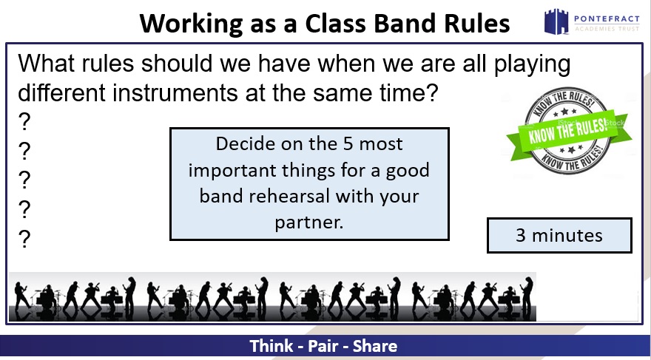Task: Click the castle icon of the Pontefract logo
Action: [x=556, y=21]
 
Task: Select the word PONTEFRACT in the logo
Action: [x=607, y=18]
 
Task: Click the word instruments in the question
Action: [x=175, y=92]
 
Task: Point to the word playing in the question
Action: [x=532, y=66]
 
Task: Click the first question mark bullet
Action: [x=24, y=122]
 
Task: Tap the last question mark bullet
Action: [x=24, y=240]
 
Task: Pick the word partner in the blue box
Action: [x=309, y=223]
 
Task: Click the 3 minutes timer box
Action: [x=559, y=235]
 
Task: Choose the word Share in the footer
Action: [x=375, y=346]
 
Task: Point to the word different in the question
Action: [x=61, y=92]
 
